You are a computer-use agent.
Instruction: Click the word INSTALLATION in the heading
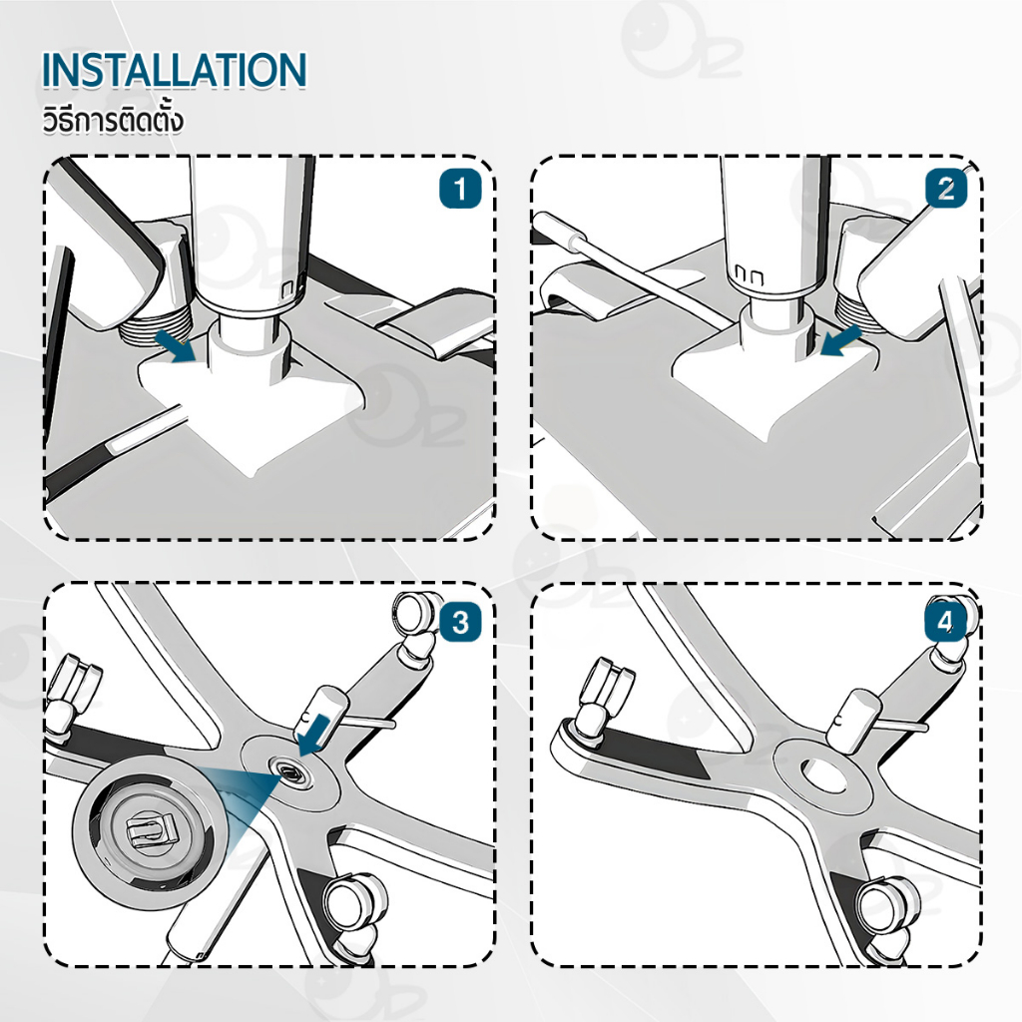pyautogui.click(x=174, y=70)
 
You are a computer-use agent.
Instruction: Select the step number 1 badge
pyautogui.click(x=460, y=189)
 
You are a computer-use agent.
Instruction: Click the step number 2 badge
pyautogui.click(x=946, y=189)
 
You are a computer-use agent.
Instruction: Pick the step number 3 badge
pyautogui.click(x=460, y=622)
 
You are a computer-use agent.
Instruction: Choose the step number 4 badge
pyautogui.click(x=946, y=622)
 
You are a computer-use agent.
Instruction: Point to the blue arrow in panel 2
pyautogui.click(x=841, y=341)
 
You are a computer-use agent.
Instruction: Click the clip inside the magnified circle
pyautogui.click(x=152, y=832)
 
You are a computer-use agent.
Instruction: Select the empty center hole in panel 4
pyautogui.click(x=824, y=773)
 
